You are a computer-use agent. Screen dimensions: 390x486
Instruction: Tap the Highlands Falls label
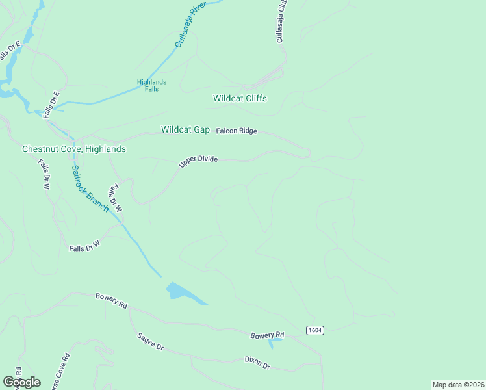pyautogui.click(x=151, y=85)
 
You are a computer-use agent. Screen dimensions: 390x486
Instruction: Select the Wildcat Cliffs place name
pyautogui.click(x=240, y=99)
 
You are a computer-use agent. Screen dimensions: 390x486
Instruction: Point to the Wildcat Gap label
pyautogui.click(x=185, y=130)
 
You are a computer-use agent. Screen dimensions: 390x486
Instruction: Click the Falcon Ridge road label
pyautogui.click(x=237, y=131)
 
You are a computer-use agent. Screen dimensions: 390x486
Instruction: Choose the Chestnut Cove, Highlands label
pyautogui.click(x=74, y=149)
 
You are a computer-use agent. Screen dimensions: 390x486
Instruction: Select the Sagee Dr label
pyautogui.click(x=150, y=342)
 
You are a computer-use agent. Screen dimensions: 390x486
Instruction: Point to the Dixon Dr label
pyautogui.click(x=257, y=363)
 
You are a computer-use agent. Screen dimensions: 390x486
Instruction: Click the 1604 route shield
pyautogui.click(x=315, y=330)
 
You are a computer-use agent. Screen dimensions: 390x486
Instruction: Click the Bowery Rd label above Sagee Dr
pyautogui.click(x=110, y=300)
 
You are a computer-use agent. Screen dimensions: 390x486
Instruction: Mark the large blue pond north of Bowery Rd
pyautogui.click(x=184, y=293)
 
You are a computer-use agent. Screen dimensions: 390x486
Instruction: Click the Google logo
pyautogui.click(x=21, y=382)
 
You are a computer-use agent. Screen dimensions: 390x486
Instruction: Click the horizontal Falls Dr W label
pyautogui.click(x=85, y=246)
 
